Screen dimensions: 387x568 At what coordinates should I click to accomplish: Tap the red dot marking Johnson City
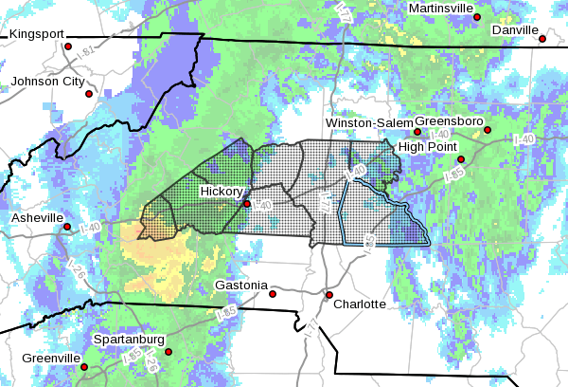89,94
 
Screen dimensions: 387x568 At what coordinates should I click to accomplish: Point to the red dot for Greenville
83,367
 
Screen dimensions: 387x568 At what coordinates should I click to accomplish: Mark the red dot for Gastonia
273,294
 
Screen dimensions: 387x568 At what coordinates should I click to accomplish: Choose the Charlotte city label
359,304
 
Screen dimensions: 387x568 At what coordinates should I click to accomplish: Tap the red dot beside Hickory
247,203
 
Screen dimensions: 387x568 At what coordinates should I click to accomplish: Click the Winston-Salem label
370,123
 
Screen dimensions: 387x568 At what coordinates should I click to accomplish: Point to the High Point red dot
461,159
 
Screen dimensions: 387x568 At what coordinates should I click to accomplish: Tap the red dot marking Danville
542,39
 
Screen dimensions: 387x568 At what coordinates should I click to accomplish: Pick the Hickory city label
221,192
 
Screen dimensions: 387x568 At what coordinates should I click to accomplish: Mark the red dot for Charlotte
329,295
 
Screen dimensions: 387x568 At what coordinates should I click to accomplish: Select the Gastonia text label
241,285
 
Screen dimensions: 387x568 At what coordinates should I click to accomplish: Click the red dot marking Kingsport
68,46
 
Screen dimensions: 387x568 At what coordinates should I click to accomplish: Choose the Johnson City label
47,82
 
